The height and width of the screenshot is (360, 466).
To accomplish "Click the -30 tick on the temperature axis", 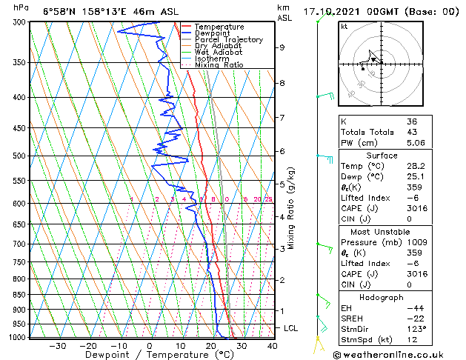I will coord(58,346).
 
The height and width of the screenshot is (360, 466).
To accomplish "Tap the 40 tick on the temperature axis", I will coord(272,346).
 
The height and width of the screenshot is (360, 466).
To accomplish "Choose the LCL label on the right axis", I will coord(292,327).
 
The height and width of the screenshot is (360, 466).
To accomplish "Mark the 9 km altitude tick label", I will coord(282,47).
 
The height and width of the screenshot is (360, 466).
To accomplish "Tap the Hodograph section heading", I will coord(381,297).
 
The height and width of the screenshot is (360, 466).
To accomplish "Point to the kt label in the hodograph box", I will coord(344,27).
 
